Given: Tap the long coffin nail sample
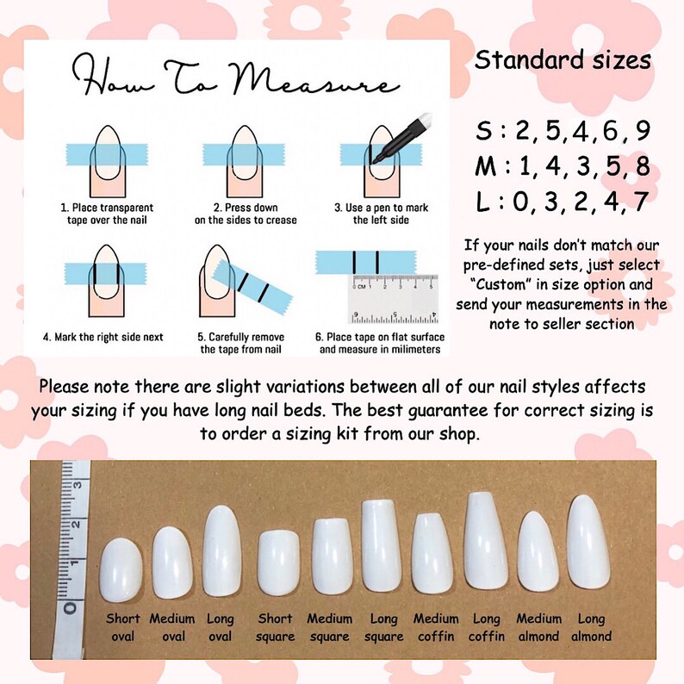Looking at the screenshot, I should pos(486,539).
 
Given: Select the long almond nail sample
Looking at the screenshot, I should pos(589,543).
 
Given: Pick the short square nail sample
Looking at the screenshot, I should pos(277,564).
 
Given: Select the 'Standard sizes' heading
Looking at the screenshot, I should pos(563,61).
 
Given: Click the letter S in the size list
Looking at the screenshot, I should pos(485,132).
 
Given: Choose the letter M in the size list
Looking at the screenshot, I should pos(488,167).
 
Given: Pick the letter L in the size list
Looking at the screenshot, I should pos(483,203).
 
